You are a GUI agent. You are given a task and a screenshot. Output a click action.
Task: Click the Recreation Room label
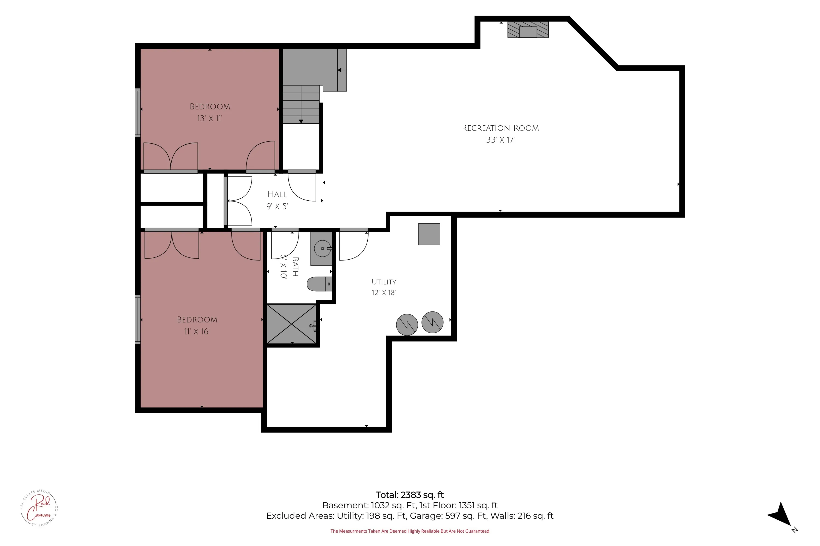point(500,128)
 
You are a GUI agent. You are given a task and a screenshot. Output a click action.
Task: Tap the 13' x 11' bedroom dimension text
point(210,118)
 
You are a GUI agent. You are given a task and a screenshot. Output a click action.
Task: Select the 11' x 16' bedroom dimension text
point(197,331)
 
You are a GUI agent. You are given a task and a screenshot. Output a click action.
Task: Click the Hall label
point(277,194)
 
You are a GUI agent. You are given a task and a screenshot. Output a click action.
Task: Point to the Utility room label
point(384,282)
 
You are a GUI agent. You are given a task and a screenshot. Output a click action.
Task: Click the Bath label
point(295,267)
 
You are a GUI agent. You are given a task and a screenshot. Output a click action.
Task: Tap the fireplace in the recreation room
point(528,29)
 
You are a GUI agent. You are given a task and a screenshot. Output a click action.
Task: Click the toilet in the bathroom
point(319,284)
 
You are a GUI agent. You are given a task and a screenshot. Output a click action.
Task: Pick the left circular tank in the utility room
point(407,325)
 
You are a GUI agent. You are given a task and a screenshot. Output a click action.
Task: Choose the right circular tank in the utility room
point(432,322)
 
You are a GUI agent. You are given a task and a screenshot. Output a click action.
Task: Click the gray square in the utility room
point(429,234)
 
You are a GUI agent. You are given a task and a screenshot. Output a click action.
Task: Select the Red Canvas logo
point(39,508)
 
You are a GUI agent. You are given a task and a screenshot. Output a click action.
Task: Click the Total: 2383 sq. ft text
point(410,495)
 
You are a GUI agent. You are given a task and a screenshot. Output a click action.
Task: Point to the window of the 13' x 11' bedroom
point(138,113)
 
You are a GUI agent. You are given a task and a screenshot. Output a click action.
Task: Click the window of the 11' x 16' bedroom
point(138,320)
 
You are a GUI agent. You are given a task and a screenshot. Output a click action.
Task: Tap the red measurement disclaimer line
point(410,531)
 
